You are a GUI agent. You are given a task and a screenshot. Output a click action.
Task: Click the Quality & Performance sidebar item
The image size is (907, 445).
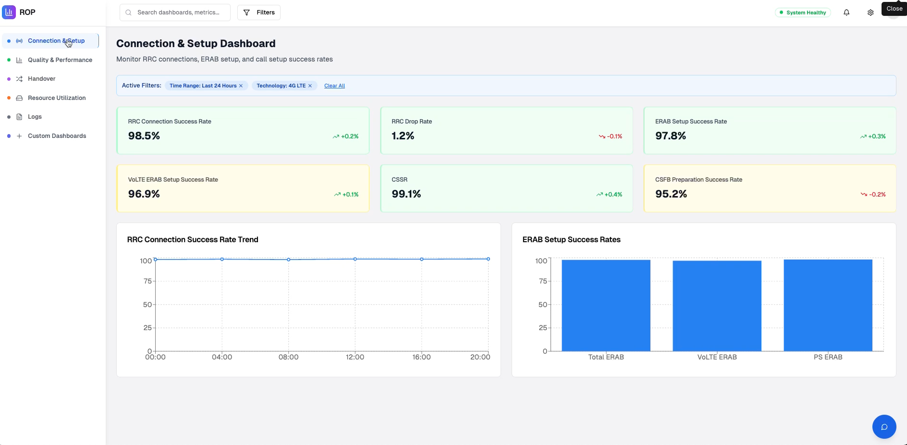tap(60, 60)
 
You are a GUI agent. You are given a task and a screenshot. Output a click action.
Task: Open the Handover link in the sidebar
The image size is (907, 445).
tap(41, 79)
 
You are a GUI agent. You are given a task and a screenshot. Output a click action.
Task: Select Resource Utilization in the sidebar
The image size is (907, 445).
tap(57, 98)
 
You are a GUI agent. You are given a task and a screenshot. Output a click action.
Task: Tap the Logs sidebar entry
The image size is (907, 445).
tap(35, 117)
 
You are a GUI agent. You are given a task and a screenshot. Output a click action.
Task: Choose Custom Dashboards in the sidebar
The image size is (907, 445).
tap(57, 136)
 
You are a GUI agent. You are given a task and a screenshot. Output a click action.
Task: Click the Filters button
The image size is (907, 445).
tap(259, 12)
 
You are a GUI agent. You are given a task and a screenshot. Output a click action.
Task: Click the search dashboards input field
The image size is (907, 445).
tap(178, 12)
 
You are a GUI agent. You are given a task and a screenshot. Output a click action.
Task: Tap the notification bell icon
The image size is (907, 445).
tap(846, 12)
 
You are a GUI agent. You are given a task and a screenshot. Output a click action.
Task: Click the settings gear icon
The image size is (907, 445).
tap(870, 12)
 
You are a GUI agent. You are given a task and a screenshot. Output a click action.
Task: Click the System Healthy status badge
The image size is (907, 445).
tap(803, 12)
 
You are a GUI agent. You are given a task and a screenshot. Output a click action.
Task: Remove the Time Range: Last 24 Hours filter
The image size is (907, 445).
tap(241, 86)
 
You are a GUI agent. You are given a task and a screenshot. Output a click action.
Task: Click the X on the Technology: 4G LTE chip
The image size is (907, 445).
tap(310, 86)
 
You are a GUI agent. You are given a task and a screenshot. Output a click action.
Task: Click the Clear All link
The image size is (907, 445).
tap(334, 86)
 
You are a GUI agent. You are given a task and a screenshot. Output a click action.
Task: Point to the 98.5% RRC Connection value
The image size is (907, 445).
tap(144, 136)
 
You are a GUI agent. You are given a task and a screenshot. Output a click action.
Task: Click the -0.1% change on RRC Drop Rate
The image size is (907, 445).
tap(614, 136)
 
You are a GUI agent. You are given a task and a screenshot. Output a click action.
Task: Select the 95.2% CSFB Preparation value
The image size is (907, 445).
tap(671, 194)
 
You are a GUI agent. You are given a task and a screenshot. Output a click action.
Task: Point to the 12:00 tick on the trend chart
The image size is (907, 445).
tap(355, 357)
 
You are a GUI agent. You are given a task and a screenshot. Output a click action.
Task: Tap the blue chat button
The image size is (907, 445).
tap(884, 427)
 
